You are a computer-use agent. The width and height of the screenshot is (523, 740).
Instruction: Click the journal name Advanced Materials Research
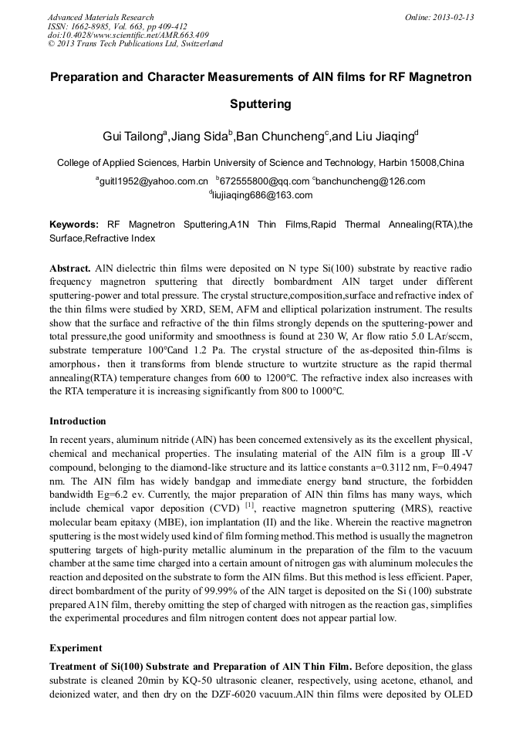(x=100, y=17)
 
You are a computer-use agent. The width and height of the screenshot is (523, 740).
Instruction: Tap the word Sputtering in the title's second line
(x=261, y=103)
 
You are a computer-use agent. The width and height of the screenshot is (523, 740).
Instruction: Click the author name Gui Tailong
(x=134, y=137)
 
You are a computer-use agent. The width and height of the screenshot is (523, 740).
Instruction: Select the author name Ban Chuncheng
(x=280, y=137)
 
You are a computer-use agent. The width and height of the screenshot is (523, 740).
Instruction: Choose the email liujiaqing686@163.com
(x=262, y=196)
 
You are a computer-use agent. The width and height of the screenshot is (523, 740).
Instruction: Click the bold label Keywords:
(x=74, y=225)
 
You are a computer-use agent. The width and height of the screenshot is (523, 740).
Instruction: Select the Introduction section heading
(x=78, y=421)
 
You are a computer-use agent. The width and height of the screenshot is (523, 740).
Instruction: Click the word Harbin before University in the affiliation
(x=201, y=163)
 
